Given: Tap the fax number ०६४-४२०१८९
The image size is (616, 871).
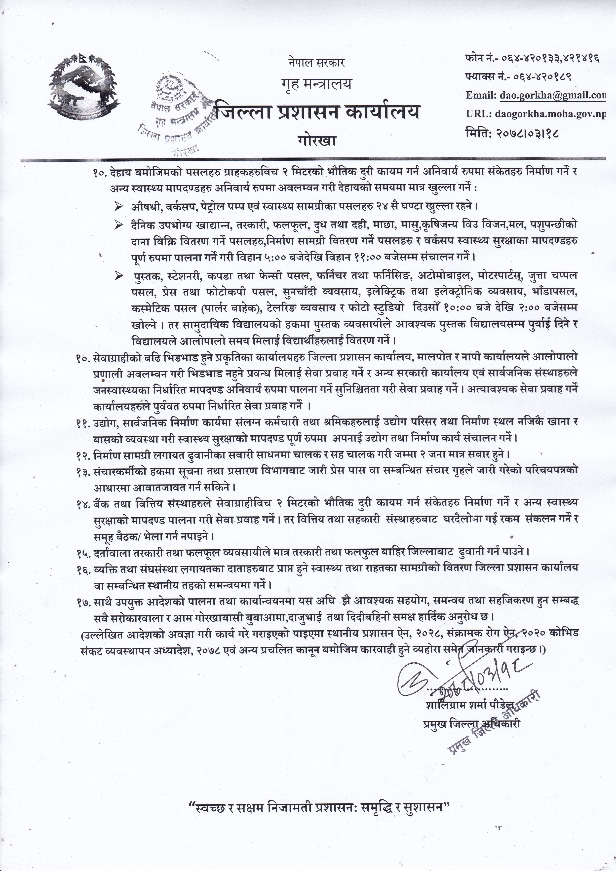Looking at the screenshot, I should coord(542,77).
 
